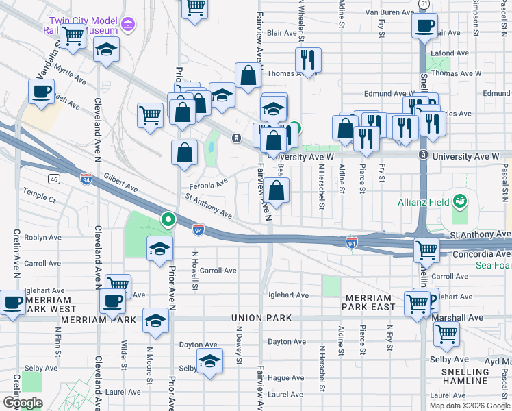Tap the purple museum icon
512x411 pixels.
[x=127, y=25]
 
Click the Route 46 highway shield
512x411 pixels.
[x=53, y=179]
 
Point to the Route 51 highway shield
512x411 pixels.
[x=425, y=4]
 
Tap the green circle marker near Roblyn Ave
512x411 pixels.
[x=168, y=220]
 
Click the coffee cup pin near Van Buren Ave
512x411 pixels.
[x=424, y=27]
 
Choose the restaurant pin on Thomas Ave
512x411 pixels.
[x=308, y=60]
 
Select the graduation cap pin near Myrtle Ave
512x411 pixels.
[x=106, y=51]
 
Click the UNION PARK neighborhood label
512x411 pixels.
[x=261, y=318]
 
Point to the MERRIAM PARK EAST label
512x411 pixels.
[x=370, y=302]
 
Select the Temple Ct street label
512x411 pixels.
[x=39, y=199]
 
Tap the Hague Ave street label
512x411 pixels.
[x=285, y=378]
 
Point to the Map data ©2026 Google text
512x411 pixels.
[x=469, y=405]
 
